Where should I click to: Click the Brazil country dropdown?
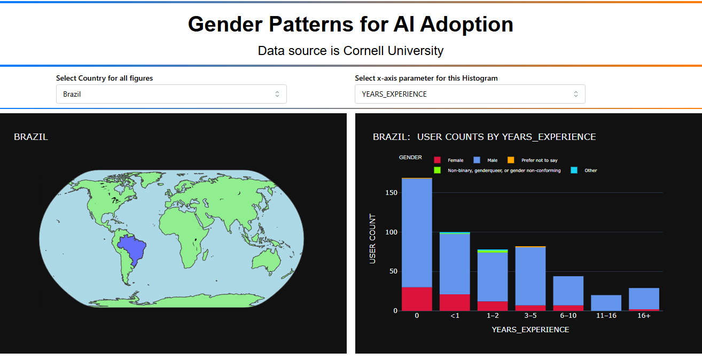171,94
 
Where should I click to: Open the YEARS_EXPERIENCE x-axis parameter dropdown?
470,94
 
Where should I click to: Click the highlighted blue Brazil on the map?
132,248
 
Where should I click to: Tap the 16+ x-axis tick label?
644,316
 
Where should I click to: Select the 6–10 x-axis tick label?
568,316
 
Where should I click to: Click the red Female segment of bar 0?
417,299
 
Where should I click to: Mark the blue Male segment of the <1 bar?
455,264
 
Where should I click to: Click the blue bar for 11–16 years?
606,302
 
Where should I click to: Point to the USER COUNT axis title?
372,239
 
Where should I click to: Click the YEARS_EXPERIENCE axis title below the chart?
531,330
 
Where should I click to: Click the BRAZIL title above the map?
31,137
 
